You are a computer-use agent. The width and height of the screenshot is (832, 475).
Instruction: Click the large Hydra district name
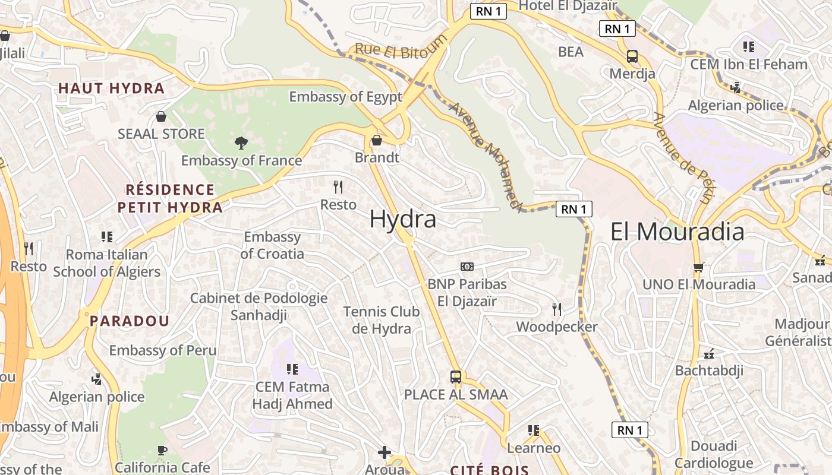pyautogui.click(x=402, y=219)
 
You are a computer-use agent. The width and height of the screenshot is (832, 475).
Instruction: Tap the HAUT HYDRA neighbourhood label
pyautogui.click(x=111, y=88)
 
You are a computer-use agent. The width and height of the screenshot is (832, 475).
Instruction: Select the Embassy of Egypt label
pyautogui.click(x=345, y=97)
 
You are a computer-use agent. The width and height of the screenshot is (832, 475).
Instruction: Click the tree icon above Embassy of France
pyautogui.click(x=241, y=142)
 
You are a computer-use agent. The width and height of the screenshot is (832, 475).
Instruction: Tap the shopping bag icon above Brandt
pyautogui.click(x=376, y=140)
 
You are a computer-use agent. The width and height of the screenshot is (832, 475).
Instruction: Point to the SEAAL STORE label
pyautogui.click(x=161, y=134)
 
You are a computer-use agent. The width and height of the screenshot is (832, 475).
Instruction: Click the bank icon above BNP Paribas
pyautogui.click(x=467, y=267)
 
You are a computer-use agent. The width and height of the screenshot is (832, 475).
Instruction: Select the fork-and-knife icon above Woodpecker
pyautogui.click(x=556, y=309)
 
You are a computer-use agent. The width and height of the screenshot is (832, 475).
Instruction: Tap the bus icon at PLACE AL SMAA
pyautogui.click(x=456, y=376)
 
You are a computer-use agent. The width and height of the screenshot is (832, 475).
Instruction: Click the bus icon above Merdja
pyautogui.click(x=632, y=56)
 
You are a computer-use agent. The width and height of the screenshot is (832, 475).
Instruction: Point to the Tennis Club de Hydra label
pyautogui.click(x=382, y=320)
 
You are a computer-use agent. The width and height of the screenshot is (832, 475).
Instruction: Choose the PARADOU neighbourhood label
pyautogui.click(x=130, y=321)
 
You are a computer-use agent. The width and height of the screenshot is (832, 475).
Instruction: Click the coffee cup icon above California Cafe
pyautogui.click(x=162, y=450)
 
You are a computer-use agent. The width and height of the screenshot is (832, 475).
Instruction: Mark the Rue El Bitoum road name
pyautogui.click(x=401, y=47)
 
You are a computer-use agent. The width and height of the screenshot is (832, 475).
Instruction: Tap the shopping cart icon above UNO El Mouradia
pyautogui.click(x=698, y=267)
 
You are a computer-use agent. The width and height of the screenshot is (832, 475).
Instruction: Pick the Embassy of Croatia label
pyautogui.click(x=272, y=245)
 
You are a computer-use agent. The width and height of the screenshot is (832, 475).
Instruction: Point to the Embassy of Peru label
pyautogui.click(x=162, y=350)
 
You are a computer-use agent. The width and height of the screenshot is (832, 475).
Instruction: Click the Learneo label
pyautogui.click(x=534, y=448)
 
